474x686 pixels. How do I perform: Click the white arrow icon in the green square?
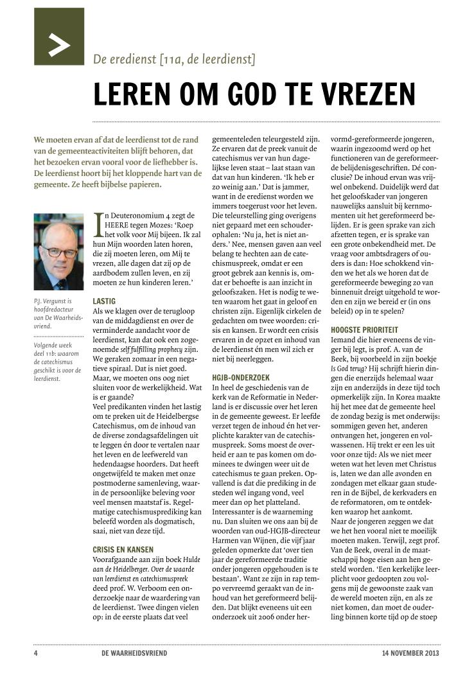coord(59,46)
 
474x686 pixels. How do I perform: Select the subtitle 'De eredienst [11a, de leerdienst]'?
coord(174,60)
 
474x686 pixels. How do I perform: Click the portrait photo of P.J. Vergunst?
coord(58,252)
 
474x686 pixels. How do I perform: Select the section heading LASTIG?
coord(105,300)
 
